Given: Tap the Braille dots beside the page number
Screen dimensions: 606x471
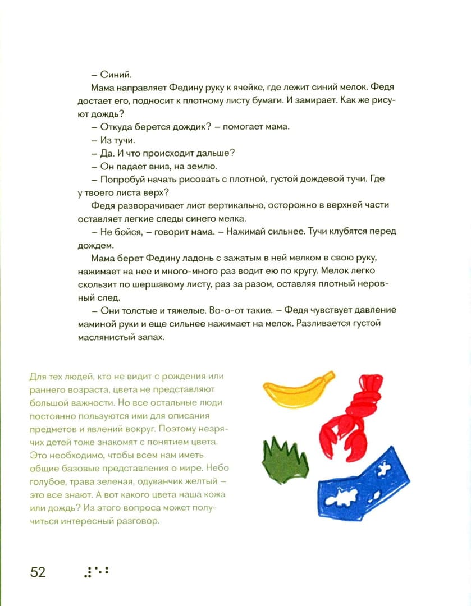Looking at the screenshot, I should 95,572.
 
